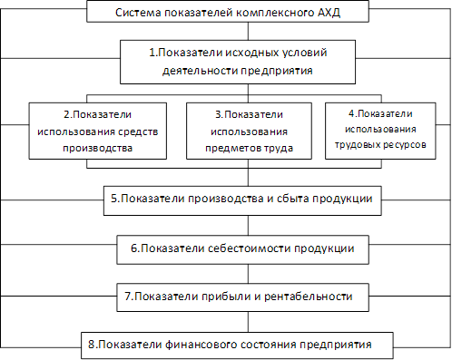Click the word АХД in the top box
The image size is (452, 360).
pos(329,13)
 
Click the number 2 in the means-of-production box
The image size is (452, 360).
pos(67,114)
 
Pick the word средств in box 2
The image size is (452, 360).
pos(138,132)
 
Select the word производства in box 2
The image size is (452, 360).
pos(98,149)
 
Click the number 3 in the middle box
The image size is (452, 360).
pos(218,114)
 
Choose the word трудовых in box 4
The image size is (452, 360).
pos(357,145)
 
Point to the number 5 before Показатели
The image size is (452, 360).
pos(114,199)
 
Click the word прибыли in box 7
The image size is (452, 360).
pos(226,297)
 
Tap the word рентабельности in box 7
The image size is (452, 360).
pos(309,297)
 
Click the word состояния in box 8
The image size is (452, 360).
pos(270,345)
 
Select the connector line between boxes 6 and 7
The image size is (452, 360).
pos(249,274)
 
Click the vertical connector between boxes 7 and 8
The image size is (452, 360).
pos(249,322)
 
